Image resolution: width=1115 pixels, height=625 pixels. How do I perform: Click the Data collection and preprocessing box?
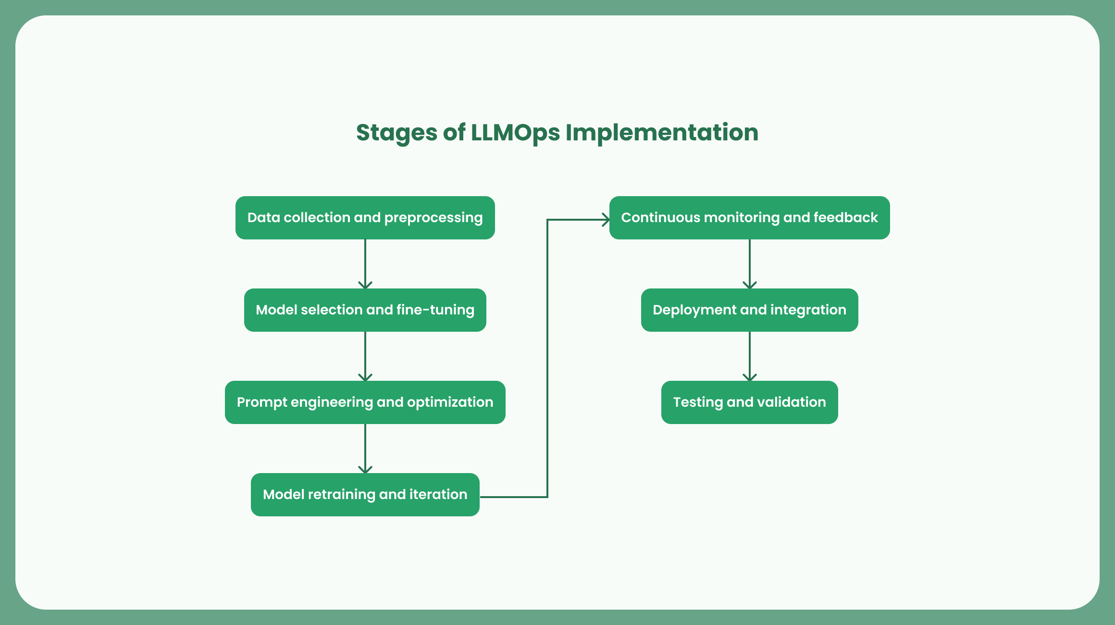(365, 218)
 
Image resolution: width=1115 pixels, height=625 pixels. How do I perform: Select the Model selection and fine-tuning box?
(365, 310)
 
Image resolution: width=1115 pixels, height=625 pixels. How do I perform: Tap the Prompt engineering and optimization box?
(365, 402)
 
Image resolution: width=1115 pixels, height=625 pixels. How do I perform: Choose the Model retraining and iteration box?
(365, 495)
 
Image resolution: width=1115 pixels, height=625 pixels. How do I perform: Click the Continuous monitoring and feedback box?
(749, 218)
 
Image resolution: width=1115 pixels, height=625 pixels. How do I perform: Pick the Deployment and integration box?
(749, 310)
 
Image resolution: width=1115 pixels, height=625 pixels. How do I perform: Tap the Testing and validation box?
(749, 402)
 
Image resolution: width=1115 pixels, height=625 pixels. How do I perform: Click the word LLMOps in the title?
(515, 133)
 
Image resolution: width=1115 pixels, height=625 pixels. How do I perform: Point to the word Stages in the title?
(396, 133)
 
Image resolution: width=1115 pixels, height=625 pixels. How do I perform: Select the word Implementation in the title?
(662, 133)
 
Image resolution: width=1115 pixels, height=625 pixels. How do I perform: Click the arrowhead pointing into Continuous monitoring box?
(606, 220)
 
